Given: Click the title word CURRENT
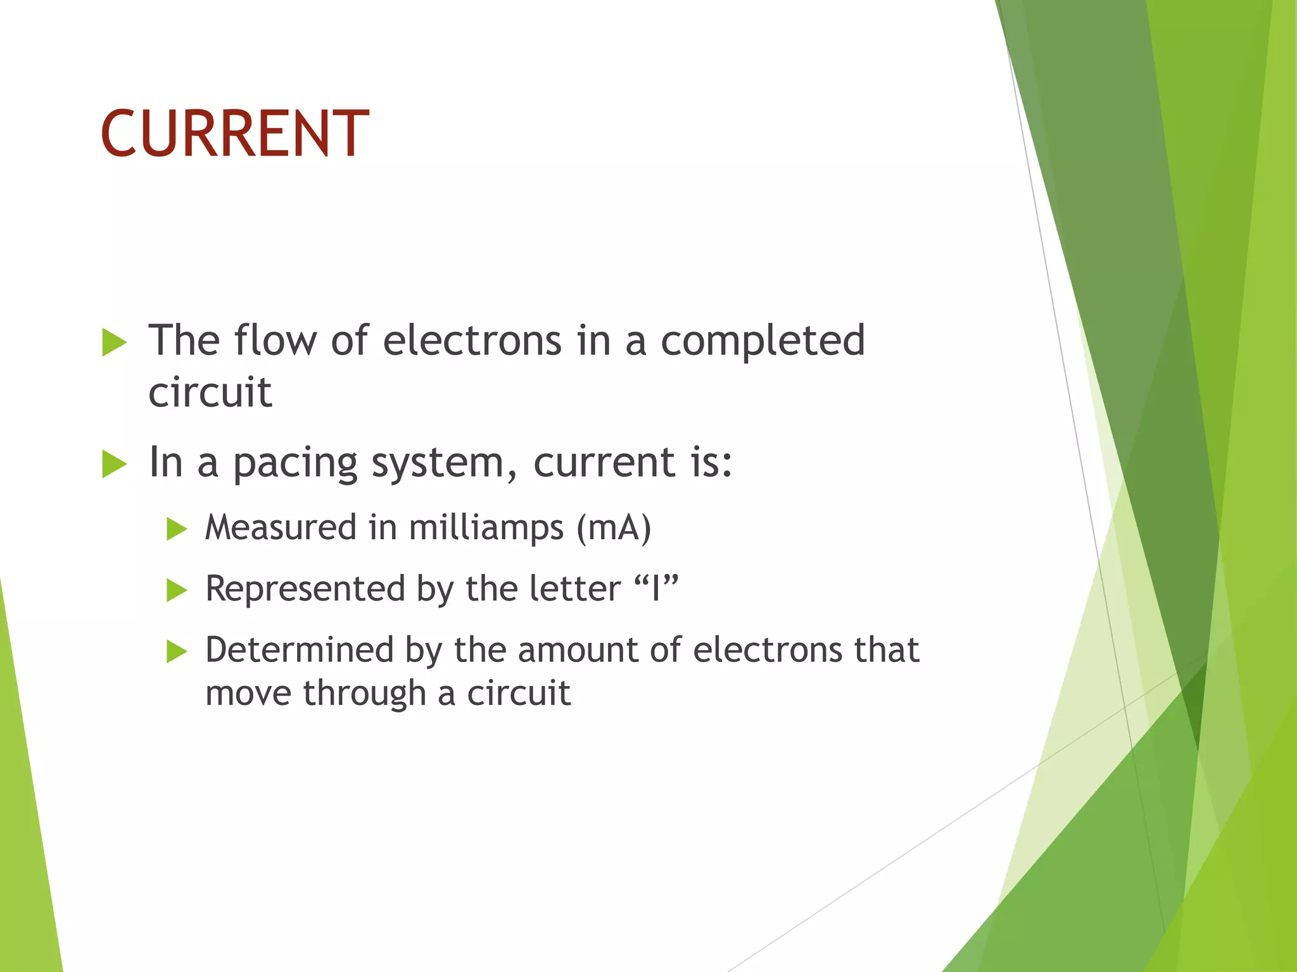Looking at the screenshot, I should click(x=234, y=134).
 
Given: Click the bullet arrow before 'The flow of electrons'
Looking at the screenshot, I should click(x=114, y=343).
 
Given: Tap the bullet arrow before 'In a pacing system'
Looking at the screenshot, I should click(x=114, y=464).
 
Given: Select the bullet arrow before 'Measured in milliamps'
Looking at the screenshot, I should click(x=177, y=529).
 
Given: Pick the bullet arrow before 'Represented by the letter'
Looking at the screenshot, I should click(x=177, y=590).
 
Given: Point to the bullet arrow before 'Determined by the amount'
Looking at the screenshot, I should click(x=177, y=651).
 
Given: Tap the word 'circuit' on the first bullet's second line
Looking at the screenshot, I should click(x=210, y=392).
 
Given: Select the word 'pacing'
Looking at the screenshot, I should click(x=295, y=464).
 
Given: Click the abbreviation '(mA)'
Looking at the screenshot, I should click(x=613, y=528).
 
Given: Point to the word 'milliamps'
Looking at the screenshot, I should click(x=486, y=528).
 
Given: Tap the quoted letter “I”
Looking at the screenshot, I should click(x=656, y=589).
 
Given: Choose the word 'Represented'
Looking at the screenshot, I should click(x=305, y=589).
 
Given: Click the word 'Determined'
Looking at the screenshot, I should click(x=300, y=650).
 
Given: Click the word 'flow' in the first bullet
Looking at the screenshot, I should click(x=275, y=340).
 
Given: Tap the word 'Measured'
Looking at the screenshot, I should click(x=281, y=528).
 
